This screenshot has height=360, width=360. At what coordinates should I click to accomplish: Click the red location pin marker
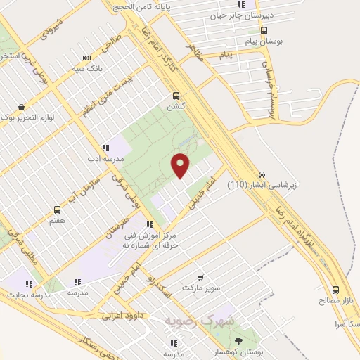181,165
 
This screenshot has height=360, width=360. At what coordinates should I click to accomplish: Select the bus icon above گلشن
176,96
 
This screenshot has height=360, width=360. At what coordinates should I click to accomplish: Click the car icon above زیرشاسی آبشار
262,174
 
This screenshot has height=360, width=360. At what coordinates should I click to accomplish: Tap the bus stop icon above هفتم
58,210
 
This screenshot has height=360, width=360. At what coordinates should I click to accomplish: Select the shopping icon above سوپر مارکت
200,278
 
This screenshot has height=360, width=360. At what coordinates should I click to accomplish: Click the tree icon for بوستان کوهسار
238,341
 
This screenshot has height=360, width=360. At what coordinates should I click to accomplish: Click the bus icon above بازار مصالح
335,290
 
